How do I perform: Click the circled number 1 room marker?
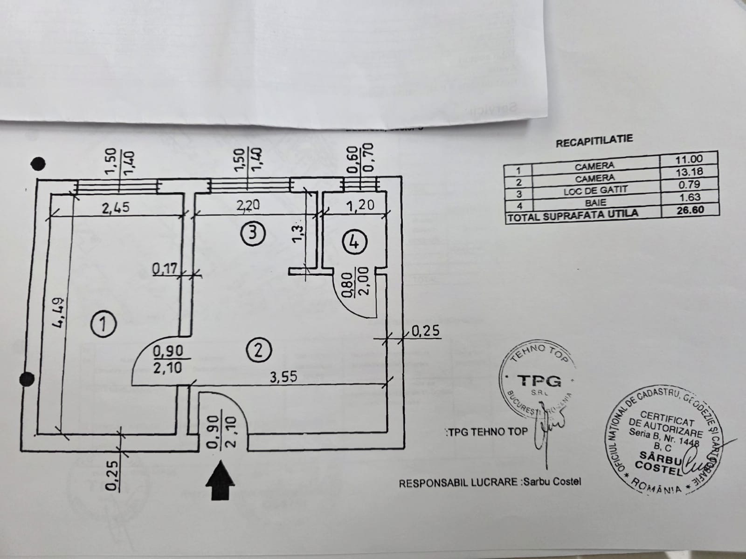[104, 324]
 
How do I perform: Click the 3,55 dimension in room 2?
[284, 377]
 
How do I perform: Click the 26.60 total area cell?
[690, 210]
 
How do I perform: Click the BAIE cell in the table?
[595, 203]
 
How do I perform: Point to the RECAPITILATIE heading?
[594, 141]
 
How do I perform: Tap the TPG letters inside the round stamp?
[539, 381]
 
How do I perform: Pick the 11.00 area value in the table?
[689, 159]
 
